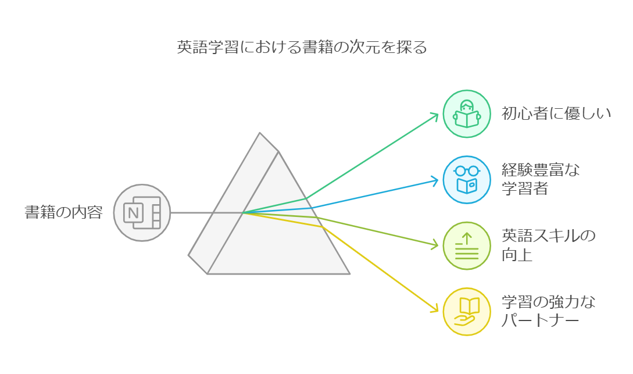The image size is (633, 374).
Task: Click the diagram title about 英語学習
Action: click(x=302, y=47)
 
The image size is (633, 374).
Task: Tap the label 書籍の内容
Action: click(x=64, y=212)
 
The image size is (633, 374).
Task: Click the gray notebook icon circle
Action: click(x=142, y=213)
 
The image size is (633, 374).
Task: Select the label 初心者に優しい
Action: click(x=556, y=113)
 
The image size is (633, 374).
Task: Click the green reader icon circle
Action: click(x=467, y=114)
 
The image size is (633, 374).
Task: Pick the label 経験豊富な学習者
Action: click(x=541, y=179)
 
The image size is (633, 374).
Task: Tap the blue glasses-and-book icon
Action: click(x=467, y=180)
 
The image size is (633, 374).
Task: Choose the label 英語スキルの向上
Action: click(x=549, y=245)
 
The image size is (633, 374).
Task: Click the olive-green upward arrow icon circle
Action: click(x=467, y=245)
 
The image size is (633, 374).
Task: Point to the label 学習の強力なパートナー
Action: click(x=549, y=311)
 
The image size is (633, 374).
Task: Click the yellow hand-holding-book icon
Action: click(x=467, y=311)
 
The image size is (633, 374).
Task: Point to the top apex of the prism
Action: click(x=260, y=133)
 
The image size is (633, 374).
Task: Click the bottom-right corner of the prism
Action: click(x=349, y=274)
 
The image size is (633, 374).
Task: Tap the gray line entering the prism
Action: click(x=207, y=213)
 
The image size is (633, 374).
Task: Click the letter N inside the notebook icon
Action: click(x=133, y=212)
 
